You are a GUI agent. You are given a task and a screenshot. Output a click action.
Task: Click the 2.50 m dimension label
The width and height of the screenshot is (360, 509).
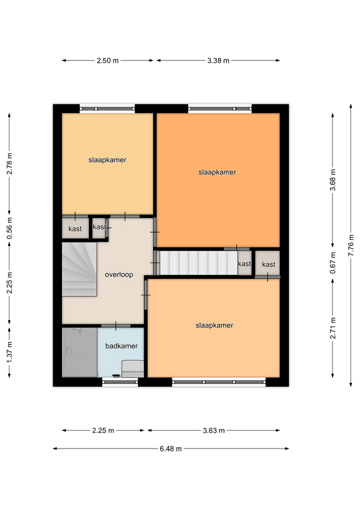click(x=108, y=60)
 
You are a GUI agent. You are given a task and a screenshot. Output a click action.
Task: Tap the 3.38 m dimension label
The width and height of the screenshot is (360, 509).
click(x=218, y=60)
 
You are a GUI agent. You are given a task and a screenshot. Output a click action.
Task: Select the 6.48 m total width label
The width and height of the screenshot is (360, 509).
click(x=170, y=449)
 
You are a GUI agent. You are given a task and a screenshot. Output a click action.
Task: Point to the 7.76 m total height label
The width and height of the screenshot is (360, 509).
click(x=351, y=245)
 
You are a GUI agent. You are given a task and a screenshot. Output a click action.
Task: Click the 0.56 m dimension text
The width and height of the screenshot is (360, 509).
click(x=10, y=228)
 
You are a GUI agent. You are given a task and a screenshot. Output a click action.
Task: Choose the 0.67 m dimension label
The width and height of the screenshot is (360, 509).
click(x=333, y=262)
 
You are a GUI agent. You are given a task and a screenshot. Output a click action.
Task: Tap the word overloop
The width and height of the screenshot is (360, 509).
click(x=119, y=275)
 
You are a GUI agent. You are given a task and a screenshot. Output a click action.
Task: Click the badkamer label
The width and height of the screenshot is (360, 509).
click(x=121, y=346)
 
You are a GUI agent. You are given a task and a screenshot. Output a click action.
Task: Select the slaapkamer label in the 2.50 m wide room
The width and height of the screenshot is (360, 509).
click(x=107, y=160)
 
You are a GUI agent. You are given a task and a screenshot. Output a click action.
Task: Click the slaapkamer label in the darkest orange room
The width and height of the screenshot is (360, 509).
click(x=217, y=172)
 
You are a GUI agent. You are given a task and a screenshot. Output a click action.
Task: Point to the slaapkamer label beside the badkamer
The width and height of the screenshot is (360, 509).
click(x=214, y=325)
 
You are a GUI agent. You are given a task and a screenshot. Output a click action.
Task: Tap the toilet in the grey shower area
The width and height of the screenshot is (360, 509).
click(x=68, y=352)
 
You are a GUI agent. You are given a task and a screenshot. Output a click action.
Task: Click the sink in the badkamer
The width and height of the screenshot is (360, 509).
click(x=133, y=369)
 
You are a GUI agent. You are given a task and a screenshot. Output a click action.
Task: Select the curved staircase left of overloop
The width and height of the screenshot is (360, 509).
click(x=80, y=269)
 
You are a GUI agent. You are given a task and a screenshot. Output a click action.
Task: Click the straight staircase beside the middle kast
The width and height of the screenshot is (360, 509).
click(x=199, y=262)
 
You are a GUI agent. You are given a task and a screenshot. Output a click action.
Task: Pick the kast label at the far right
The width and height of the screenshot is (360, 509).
click(x=268, y=265)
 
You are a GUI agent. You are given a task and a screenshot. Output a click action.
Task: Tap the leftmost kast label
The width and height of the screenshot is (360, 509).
click(x=75, y=229)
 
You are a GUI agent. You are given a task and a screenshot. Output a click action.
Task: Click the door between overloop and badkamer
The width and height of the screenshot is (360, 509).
click(x=116, y=326)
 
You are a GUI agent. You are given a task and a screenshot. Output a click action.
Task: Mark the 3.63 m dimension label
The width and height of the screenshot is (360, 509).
click(x=214, y=431)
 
